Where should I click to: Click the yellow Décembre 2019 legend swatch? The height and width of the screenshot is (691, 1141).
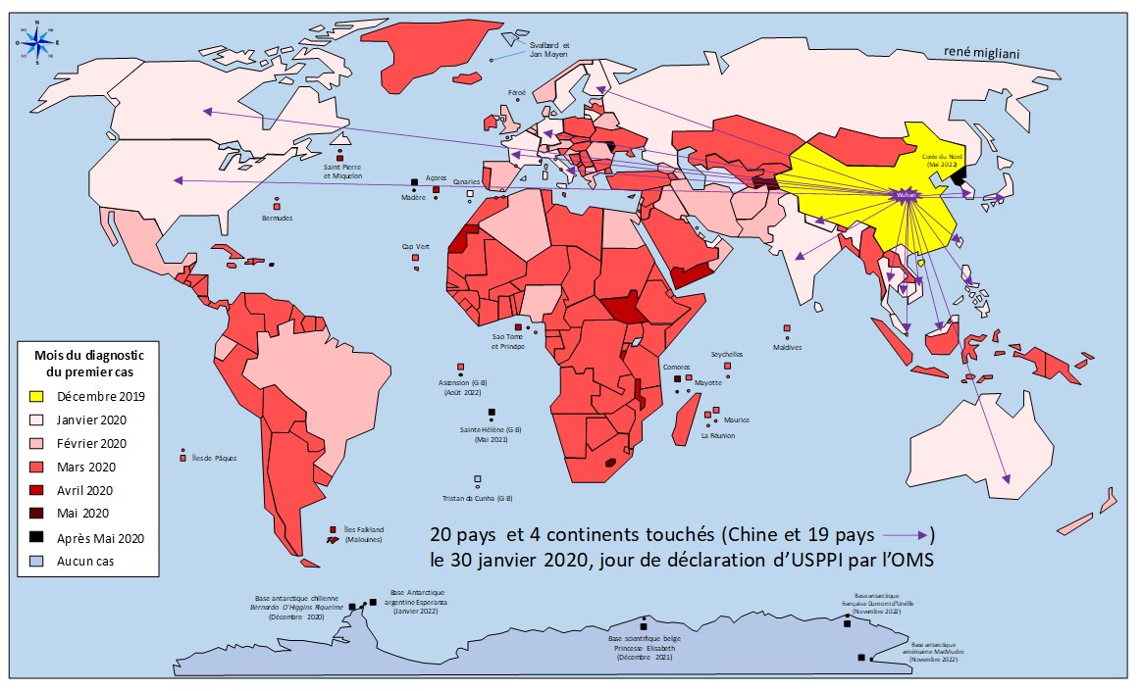click(36, 396)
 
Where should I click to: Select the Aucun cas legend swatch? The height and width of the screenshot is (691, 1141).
click(36, 561)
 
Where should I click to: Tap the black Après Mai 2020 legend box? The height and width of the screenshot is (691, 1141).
click(36, 537)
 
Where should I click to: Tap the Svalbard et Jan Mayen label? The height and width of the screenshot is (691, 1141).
click(548, 49)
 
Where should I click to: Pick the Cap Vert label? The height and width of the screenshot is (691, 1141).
click(415, 247)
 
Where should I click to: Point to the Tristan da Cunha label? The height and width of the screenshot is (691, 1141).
click(478, 498)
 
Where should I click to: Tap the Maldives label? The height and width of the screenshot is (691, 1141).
click(787, 346)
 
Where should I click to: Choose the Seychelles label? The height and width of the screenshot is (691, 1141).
click(727, 354)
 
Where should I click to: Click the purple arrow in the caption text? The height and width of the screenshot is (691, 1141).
click(907, 535)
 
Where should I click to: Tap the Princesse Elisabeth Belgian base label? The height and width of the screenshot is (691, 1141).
click(643, 648)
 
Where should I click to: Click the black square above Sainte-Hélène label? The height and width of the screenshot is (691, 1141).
click(491, 412)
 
